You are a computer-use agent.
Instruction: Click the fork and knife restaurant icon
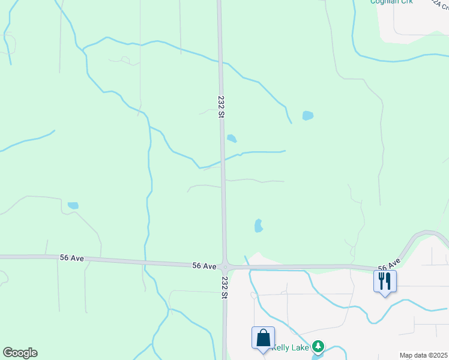click(385, 280)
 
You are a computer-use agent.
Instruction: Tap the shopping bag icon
click(264, 338)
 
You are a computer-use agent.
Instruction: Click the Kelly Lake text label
click(291, 347)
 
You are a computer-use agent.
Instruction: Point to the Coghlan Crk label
click(391, 2)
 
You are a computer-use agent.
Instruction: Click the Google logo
click(20, 353)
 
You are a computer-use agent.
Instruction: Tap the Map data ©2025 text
click(423, 355)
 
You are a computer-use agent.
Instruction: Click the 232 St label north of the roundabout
click(221, 107)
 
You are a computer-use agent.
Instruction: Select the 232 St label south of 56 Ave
click(224, 287)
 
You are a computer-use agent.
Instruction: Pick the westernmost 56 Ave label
click(71, 258)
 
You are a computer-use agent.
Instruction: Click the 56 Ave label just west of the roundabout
click(204, 265)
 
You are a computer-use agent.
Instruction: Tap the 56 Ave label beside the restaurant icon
click(389, 265)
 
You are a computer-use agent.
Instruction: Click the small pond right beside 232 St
click(232, 139)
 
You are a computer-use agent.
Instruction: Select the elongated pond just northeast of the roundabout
click(258, 226)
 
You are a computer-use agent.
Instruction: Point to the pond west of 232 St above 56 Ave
click(73, 205)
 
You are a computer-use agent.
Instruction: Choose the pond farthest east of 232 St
click(308, 115)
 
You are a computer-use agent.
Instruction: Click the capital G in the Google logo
click(8, 353)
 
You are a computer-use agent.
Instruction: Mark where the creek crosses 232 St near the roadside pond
click(222, 160)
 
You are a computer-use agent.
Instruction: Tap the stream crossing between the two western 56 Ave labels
click(145, 262)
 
